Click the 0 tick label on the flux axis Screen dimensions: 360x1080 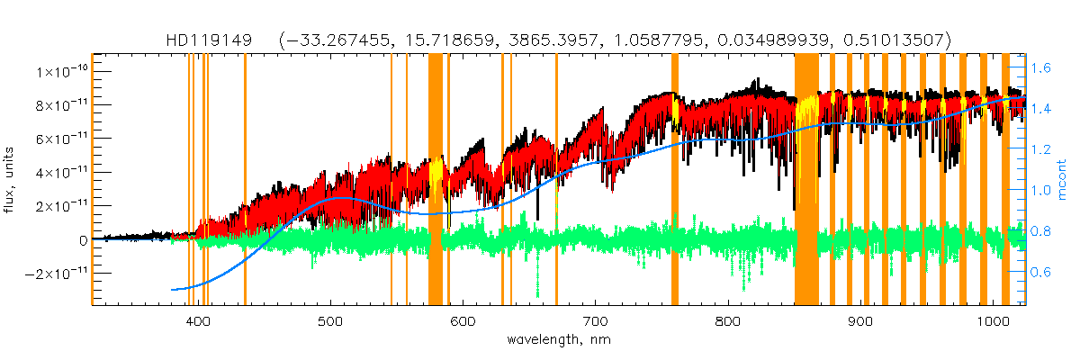point(83,239)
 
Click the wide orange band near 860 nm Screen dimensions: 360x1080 point(806,180)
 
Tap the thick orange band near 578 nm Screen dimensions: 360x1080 point(436,180)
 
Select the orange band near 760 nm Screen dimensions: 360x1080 point(675,180)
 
